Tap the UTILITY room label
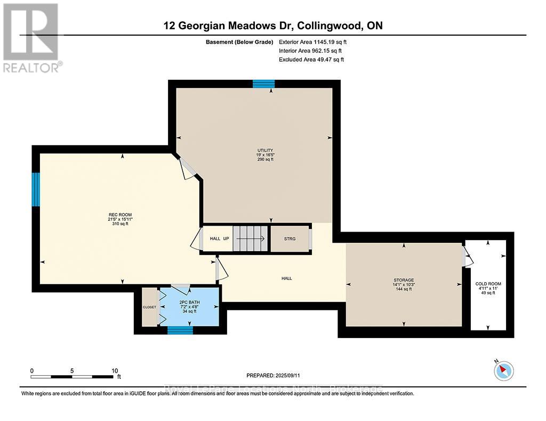coord(265,150)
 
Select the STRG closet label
coord(290,239)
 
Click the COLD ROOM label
coord(488,284)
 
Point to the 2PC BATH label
coord(189,302)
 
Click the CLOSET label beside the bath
coord(149,307)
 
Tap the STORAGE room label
coord(404,280)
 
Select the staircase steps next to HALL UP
coord(251,238)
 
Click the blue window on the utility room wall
coord(263,84)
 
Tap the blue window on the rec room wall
coord(36,189)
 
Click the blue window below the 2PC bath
coord(180,331)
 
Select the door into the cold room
coord(468,255)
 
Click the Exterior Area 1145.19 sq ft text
coord(314,42)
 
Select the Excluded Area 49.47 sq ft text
coord(311,60)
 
